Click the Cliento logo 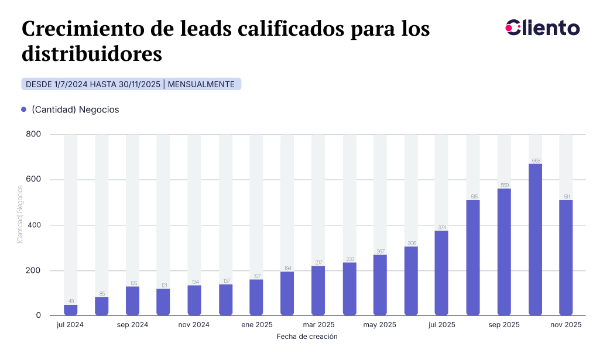(542, 28)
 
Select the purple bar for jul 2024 (70, 310)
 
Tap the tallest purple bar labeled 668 (535, 239)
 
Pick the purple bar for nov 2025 (566, 258)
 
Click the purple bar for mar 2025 (318, 290)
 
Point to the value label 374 (442, 227)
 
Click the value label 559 (504, 185)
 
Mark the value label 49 (70, 301)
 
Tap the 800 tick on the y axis (33, 135)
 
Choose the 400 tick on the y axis (33, 225)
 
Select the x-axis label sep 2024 (132, 325)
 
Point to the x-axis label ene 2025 (256, 325)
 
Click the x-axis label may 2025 (380, 325)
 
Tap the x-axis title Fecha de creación (307, 337)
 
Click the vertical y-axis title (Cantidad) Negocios (20, 214)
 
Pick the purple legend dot (24, 109)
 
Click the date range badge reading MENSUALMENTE (201, 84)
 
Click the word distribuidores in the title (91, 54)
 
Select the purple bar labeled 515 (473, 258)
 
